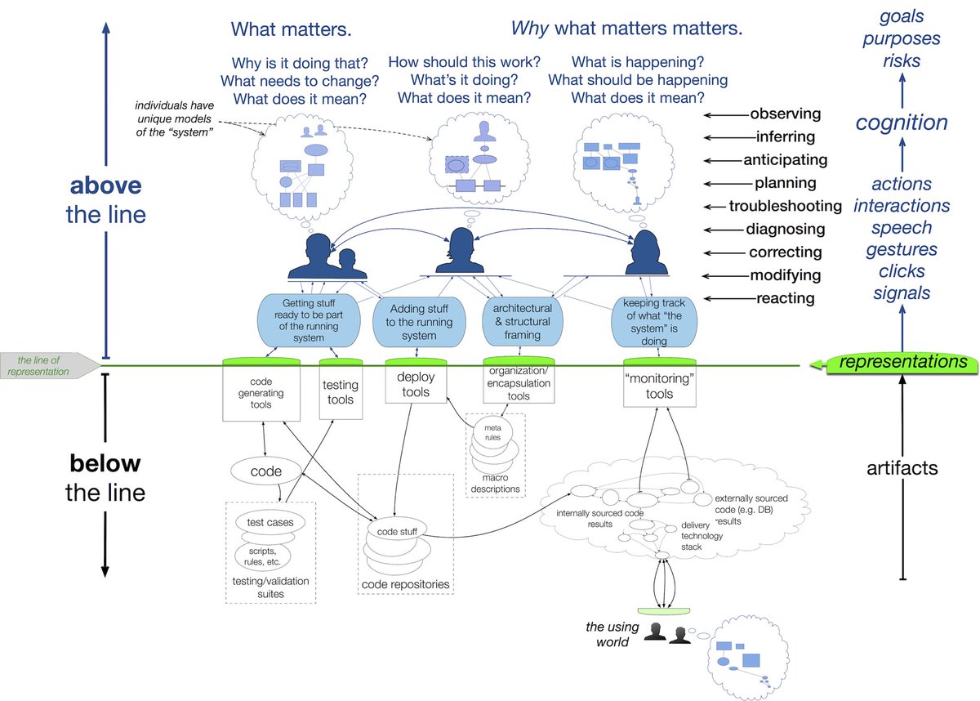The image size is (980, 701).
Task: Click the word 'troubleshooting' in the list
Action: point(785,206)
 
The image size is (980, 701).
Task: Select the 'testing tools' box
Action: point(341,391)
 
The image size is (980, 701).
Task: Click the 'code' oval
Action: point(266,471)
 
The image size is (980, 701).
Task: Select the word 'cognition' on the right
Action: point(902,123)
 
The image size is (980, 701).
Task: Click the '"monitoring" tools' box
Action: point(659,386)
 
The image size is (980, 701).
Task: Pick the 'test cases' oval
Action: point(270,522)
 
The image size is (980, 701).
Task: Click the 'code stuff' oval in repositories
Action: point(397,532)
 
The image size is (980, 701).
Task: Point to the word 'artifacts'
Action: point(902,468)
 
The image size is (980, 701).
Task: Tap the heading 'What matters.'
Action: point(291,30)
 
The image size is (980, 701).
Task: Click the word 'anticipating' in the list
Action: point(785,160)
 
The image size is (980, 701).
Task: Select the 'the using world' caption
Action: point(608,635)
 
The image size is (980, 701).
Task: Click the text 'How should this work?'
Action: point(464,62)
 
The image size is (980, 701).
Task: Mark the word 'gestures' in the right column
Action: point(902,250)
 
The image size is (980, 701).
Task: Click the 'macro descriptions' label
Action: point(495,484)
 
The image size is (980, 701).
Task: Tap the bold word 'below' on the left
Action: point(105,465)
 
